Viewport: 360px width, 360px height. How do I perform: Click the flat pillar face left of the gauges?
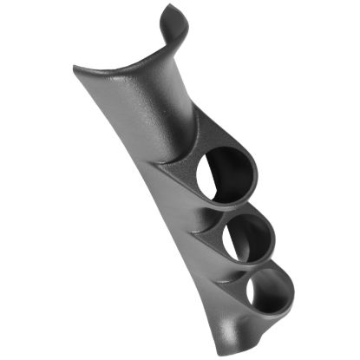169,226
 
